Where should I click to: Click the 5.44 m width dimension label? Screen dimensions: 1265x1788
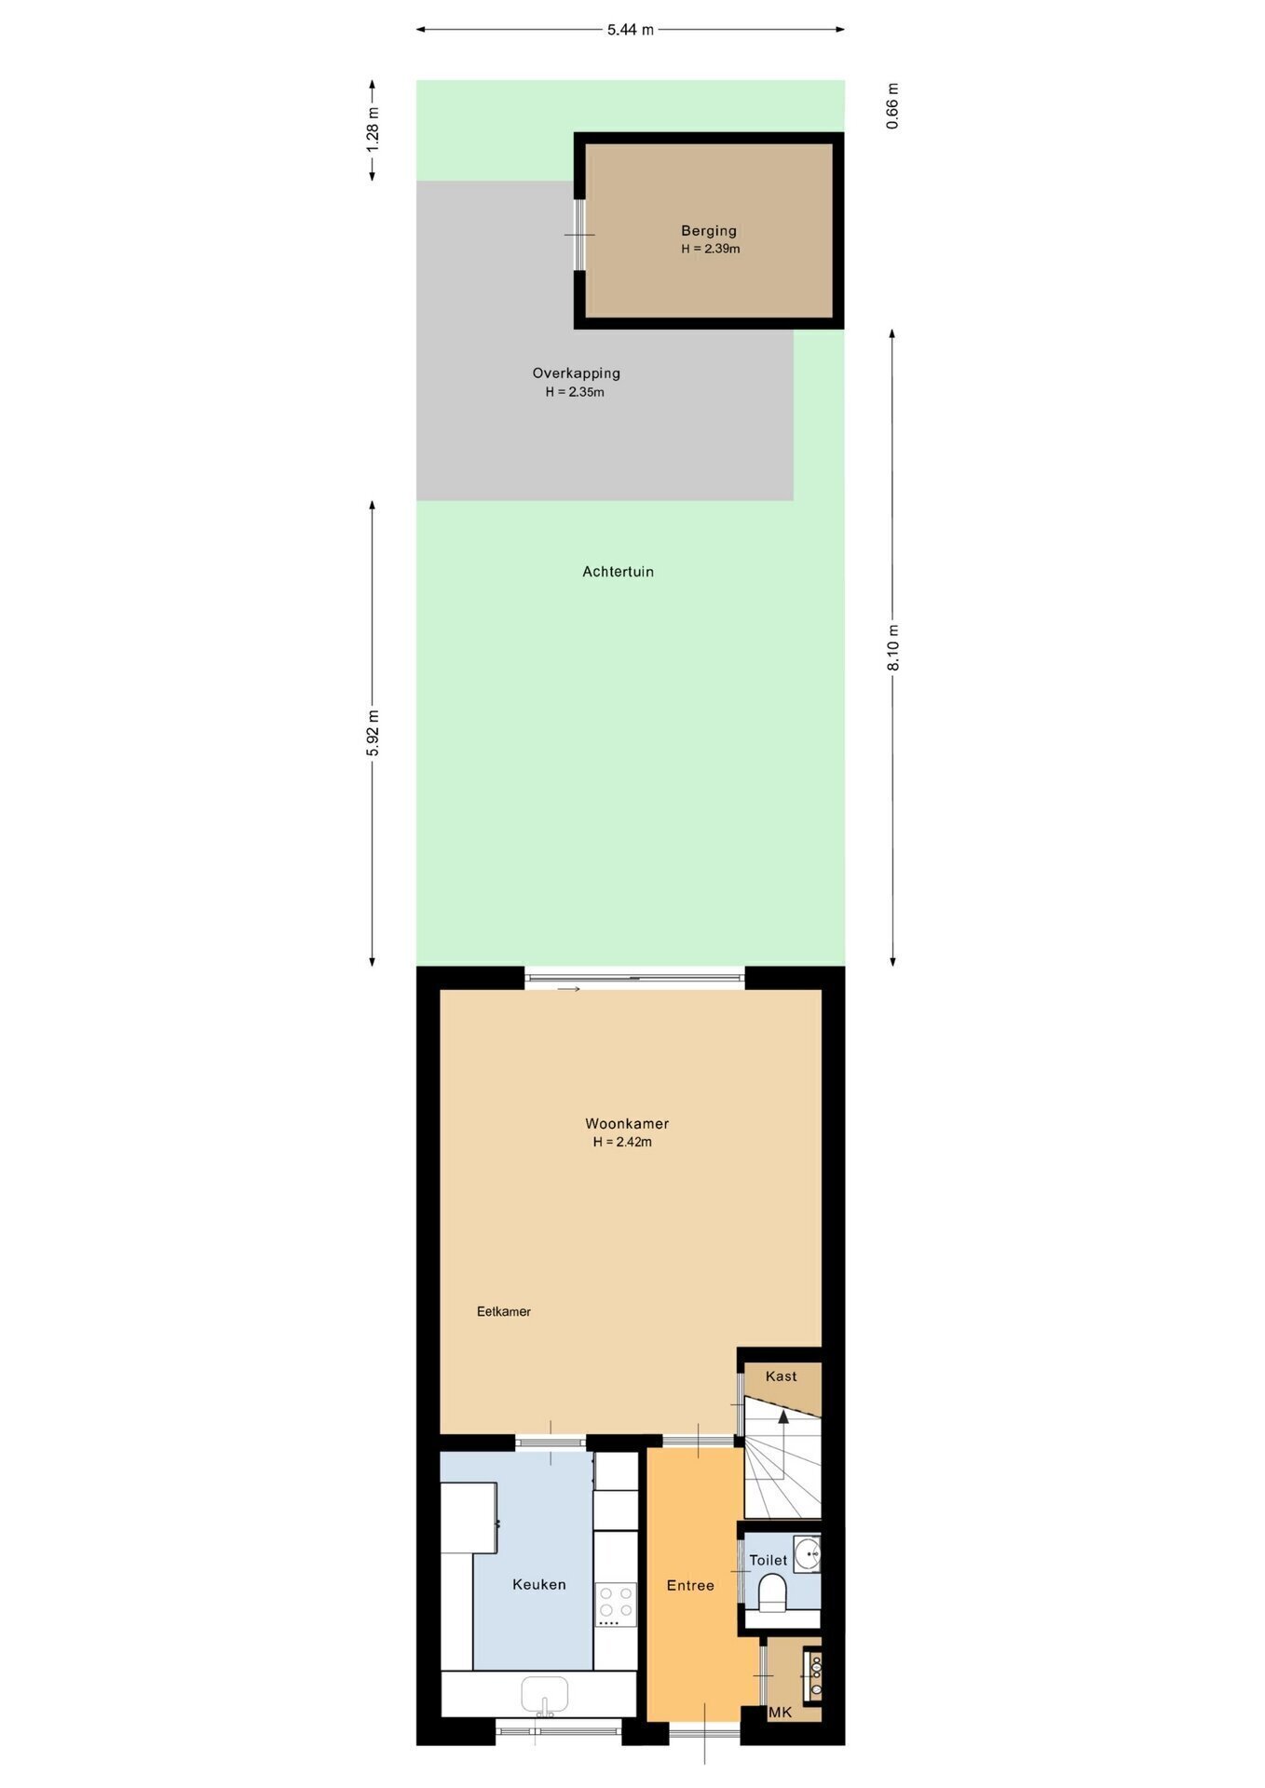tap(631, 30)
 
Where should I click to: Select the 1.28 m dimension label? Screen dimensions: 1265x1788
tap(373, 130)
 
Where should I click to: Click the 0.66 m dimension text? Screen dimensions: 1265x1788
tap(893, 106)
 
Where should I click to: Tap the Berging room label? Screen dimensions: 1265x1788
tap(709, 231)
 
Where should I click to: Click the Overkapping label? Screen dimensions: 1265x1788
tap(577, 373)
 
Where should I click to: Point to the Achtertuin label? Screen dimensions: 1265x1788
tap(619, 572)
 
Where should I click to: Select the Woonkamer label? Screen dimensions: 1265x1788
tap(627, 1123)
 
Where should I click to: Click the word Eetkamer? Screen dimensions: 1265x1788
tap(504, 1311)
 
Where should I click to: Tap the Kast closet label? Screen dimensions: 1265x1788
tap(782, 1376)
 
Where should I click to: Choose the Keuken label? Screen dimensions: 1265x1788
tap(539, 1584)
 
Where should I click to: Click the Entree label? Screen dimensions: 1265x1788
tap(690, 1585)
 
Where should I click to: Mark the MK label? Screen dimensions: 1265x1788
tap(781, 1712)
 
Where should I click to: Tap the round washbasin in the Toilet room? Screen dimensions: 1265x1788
tap(808, 1553)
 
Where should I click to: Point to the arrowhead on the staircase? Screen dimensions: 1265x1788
tap(783, 1417)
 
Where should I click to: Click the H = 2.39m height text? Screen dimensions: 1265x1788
tap(711, 249)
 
